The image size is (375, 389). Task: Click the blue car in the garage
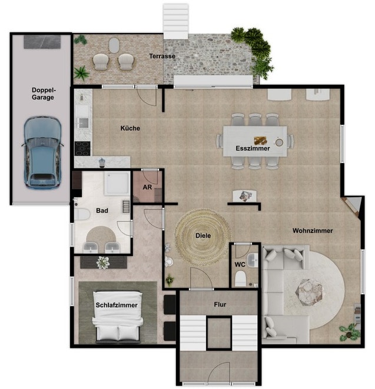[x=42, y=153]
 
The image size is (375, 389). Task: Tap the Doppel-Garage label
[x=43, y=94]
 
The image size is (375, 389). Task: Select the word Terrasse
[x=162, y=56]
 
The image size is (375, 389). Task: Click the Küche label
[x=130, y=128]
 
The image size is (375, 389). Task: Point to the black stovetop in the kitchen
[x=82, y=148]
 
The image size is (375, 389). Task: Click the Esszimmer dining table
[x=255, y=141]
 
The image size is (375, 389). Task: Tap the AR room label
[x=147, y=187]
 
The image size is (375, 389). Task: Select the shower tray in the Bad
[x=117, y=184]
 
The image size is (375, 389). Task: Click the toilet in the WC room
[x=240, y=278]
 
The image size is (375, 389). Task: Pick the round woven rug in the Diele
[x=203, y=237]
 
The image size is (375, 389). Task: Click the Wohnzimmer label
[x=313, y=231]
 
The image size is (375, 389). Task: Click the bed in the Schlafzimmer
[x=118, y=317]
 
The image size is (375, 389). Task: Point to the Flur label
[x=220, y=304]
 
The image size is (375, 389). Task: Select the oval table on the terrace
[x=114, y=45]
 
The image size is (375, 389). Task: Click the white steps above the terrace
[x=175, y=21]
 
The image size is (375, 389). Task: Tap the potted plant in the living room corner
[x=350, y=332]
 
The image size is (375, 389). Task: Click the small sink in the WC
[x=253, y=260]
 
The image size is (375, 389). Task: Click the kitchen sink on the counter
[x=84, y=122]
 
